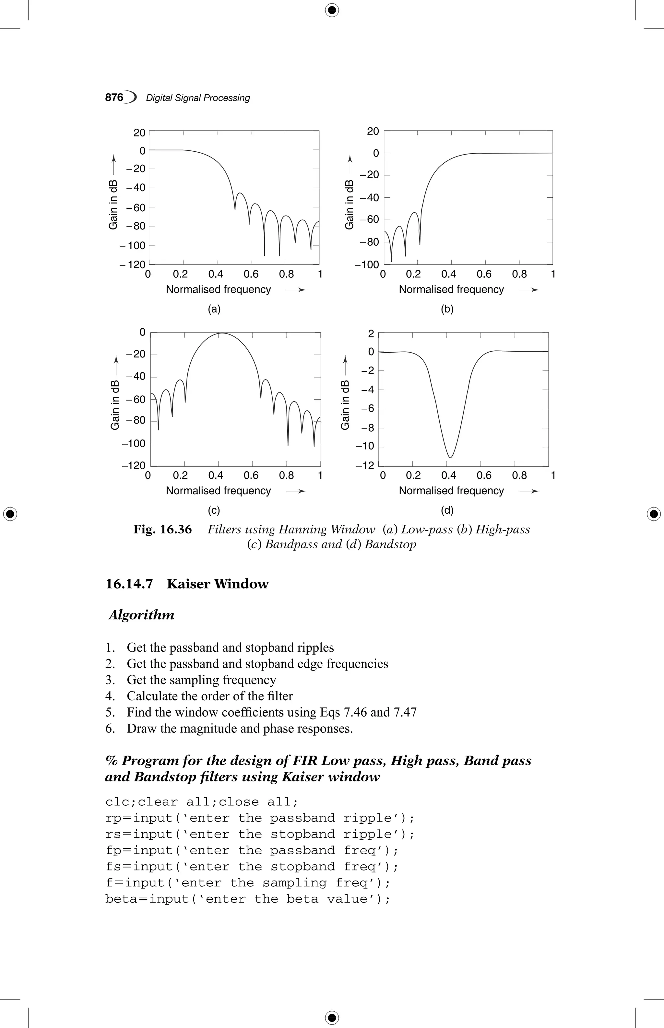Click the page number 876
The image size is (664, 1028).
(114, 98)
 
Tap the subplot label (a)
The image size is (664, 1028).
(214, 309)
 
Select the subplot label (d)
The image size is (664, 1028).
(447, 510)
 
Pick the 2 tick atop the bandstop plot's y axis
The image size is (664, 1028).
(371, 333)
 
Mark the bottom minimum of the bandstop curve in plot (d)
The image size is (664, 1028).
(450, 457)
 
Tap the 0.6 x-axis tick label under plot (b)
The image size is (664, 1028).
(484, 274)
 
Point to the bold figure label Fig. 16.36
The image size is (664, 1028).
(162, 529)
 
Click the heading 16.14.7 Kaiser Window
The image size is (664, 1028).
(187, 584)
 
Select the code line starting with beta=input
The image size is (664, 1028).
(247, 899)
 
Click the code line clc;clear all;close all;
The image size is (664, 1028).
(201, 802)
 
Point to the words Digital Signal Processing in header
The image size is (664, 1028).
(198, 98)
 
